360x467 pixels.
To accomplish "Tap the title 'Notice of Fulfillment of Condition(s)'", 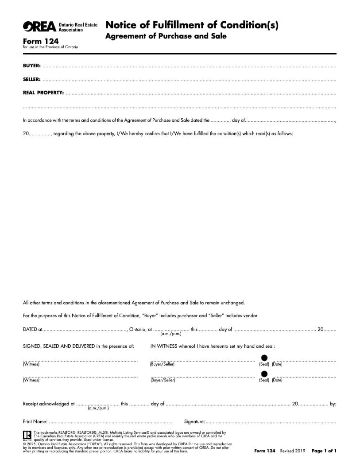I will coord(192,25).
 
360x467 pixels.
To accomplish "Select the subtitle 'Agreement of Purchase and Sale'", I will coord(166,36).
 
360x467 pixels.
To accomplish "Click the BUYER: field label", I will coord(31,66).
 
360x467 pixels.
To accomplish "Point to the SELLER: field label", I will coord(32,79).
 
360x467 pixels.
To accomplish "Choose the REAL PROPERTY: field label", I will coord(43,93).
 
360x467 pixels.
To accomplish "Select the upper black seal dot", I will coord(264,358).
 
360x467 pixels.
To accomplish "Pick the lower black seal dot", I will coord(264,374).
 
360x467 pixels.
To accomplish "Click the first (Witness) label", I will coord(31,364).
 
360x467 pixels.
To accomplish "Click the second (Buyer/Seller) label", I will coord(162,380).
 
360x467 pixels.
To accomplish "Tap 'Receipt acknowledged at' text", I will coord(49,404).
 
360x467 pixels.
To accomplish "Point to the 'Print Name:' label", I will coord(35,421).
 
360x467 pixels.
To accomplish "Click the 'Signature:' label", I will coord(194,421).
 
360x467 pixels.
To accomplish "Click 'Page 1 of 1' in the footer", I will coord(324,451).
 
